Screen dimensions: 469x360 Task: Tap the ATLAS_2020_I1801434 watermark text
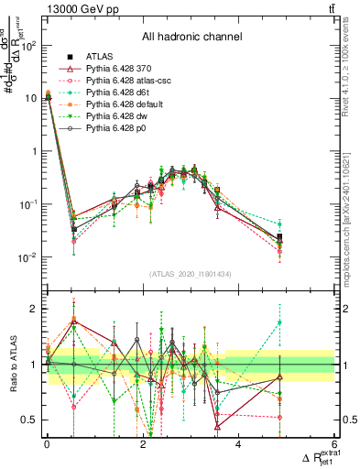click(191, 274)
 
